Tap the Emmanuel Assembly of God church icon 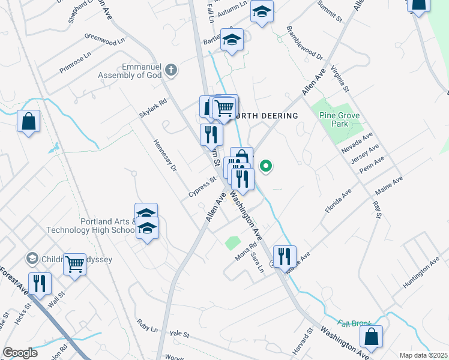coord(171,71)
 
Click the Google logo coord(20,353)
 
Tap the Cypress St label coord(202,187)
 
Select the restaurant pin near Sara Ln coord(285,256)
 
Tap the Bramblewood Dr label coord(305,43)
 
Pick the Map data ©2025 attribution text coord(423,355)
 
